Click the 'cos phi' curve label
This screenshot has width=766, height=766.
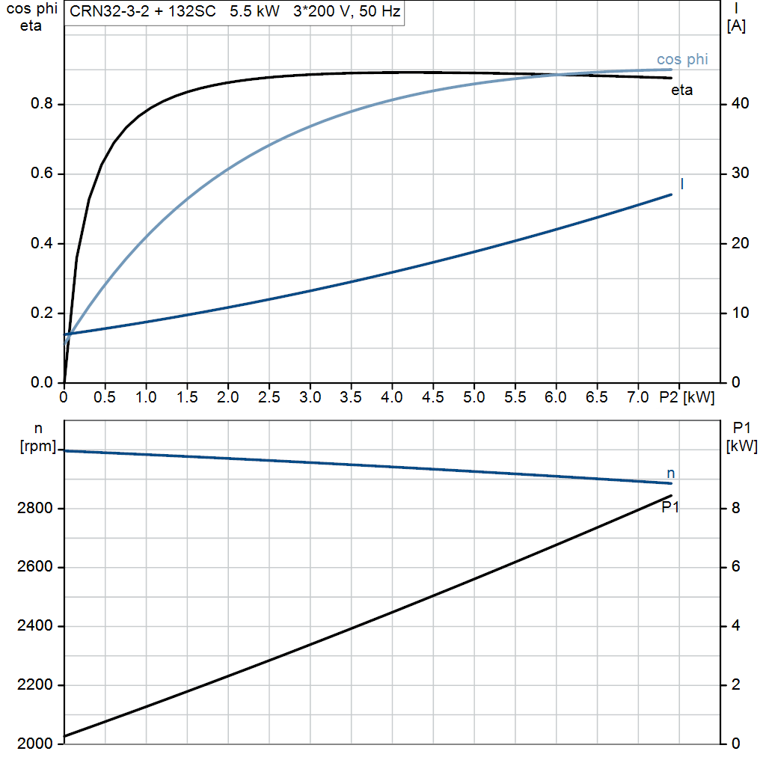682,59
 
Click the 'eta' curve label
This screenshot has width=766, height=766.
682,91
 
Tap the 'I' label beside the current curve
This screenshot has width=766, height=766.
682,183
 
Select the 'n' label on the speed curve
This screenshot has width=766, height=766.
671,473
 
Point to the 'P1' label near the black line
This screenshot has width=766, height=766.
670,507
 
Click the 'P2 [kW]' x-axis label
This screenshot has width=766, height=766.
687,397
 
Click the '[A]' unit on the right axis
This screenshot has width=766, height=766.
736,27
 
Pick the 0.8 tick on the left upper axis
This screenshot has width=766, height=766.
41,104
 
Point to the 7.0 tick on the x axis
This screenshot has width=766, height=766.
637,397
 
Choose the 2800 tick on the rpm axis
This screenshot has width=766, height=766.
34,509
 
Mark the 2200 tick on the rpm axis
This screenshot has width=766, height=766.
34,685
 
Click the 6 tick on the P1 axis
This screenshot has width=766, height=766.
736,567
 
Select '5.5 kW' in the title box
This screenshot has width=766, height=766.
254,13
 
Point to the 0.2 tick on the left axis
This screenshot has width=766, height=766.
41,313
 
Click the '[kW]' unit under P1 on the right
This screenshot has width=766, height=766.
741,447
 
